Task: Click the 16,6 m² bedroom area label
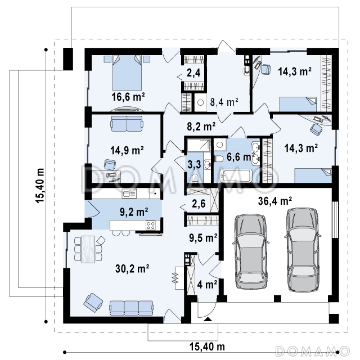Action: [128, 97]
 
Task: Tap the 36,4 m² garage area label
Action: [275, 201]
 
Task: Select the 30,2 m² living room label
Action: [132, 268]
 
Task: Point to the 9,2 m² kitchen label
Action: [134, 212]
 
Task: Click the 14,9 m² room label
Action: [127, 150]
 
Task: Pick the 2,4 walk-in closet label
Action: [193, 73]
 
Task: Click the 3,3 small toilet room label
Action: [194, 164]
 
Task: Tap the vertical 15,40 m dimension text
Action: [40, 186]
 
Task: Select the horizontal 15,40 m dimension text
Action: [207, 346]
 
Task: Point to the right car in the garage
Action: [303, 250]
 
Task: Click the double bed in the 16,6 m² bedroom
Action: [127, 73]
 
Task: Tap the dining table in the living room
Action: [88, 249]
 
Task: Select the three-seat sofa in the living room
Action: [132, 308]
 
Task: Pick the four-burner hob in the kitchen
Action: [151, 225]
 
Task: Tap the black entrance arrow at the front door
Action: [208, 319]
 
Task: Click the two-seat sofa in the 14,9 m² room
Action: [127, 124]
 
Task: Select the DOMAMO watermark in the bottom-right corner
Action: [312, 351]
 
